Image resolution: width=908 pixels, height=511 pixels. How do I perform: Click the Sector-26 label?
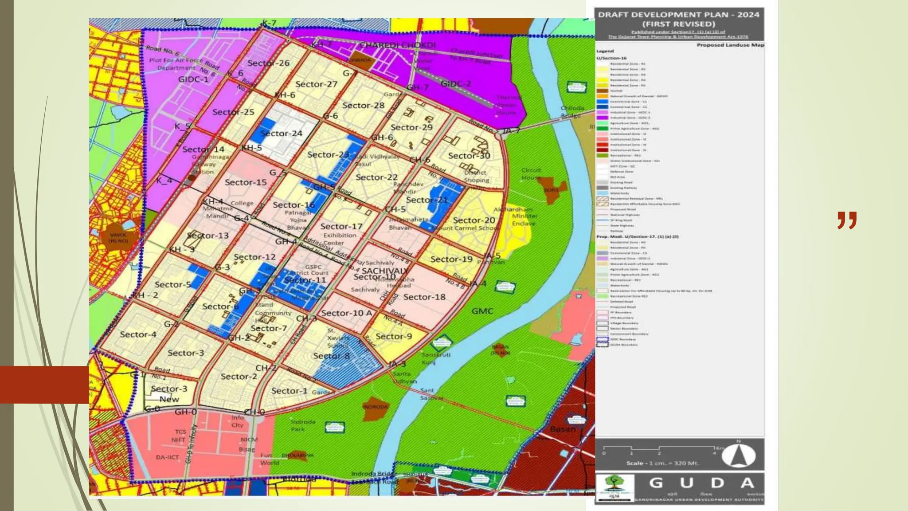(x=268, y=63)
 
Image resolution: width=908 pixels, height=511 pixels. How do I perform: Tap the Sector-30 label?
(x=469, y=156)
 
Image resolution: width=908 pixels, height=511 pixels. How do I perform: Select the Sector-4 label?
(x=138, y=334)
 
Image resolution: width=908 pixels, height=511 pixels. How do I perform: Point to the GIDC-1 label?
(x=193, y=79)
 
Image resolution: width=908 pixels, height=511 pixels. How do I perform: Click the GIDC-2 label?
(x=455, y=84)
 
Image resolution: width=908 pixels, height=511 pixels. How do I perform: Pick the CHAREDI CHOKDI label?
(x=397, y=45)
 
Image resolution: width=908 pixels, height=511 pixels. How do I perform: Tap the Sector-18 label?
(x=424, y=297)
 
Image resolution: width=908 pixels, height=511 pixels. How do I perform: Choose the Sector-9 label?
(x=394, y=336)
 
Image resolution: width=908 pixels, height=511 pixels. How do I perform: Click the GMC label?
(x=482, y=311)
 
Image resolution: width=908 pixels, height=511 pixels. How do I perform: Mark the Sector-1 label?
(x=290, y=391)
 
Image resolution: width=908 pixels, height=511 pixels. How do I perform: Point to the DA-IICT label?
(x=167, y=457)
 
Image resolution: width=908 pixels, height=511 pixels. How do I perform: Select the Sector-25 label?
(x=233, y=112)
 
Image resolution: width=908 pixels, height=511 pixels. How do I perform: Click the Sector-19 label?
(x=451, y=259)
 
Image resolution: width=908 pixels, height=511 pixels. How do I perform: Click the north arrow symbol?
(x=738, y=455)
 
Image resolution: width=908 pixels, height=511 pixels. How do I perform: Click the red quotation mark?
(x=847, y=220)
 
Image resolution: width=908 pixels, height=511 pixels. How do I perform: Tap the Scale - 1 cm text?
(x=662, y=463)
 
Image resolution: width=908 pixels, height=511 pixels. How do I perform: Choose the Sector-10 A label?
(x=347, y=313)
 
